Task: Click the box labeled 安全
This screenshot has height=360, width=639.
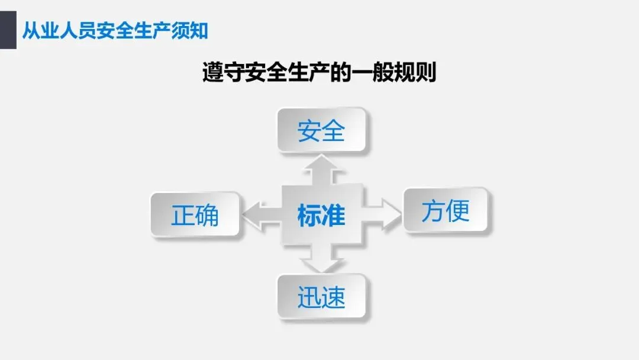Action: coord(321,130)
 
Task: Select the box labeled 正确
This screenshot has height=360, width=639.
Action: coord(195,214)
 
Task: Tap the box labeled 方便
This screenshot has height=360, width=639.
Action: coord(446,210)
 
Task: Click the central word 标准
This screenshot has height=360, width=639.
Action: coord(321,216)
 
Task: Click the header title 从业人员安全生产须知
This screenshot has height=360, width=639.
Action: coord(115,30)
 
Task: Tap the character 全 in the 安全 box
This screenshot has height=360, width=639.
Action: coord(333,130)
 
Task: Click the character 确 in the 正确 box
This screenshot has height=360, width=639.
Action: coord(207,214)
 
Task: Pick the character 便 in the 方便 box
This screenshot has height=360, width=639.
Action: coord(458,210)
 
